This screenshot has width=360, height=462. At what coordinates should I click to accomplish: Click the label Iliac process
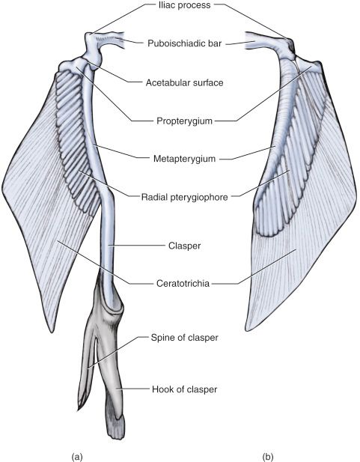tap(184, 5)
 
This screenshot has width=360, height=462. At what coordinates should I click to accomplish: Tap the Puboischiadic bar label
tap(184, 43)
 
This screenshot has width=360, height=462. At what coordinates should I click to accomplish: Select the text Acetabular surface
tap(184, 82)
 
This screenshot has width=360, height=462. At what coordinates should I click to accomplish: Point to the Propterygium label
tap(184, 121)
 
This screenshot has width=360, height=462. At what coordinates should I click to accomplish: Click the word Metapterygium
tap(184, 159)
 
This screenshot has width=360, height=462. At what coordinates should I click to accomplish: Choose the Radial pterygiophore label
tap(184, 197)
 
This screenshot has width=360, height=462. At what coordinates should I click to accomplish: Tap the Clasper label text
tap(184, 246)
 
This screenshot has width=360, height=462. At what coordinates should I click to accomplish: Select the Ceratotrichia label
tap(183, 284)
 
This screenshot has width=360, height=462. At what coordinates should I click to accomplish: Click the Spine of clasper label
tap(184, 338)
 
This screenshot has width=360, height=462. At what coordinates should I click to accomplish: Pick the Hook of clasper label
tap(184, 389)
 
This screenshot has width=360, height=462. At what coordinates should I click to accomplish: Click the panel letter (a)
tap(77, 457)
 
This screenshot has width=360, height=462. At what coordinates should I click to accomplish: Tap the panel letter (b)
tap(267, 457)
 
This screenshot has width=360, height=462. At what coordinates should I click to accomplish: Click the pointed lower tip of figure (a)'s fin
tap(52, 332)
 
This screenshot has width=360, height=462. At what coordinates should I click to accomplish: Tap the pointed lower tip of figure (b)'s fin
tap(247, 329)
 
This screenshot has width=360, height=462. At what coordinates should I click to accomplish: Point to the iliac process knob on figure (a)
tap(89, 37)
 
